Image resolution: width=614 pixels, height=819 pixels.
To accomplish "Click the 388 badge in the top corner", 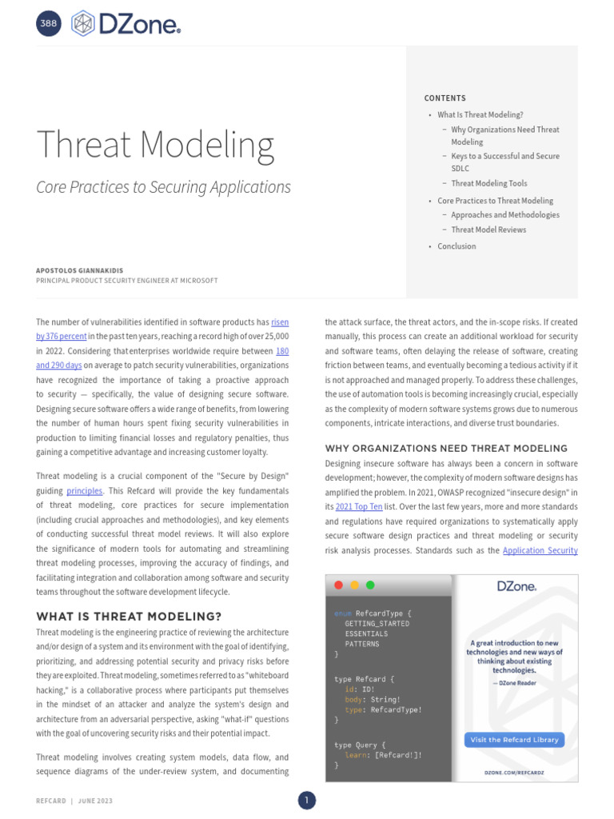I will tap(48, 24).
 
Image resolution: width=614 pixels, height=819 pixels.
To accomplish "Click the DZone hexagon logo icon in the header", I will tap(83, 24).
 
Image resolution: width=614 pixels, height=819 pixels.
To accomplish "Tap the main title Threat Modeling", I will tap(155, 145).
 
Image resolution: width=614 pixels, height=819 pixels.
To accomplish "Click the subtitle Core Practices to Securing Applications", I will tap(163, 187).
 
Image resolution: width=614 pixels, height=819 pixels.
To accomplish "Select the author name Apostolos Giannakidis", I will tap(80, 270).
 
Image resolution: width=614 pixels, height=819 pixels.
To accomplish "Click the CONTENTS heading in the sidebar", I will tap(445, 98).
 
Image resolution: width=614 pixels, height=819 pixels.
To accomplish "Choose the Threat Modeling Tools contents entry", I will tap(488, 183).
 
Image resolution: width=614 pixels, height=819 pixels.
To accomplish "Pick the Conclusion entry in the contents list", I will tap(457, 246).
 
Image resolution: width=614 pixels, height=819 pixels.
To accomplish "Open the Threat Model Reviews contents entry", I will tap(488, 230).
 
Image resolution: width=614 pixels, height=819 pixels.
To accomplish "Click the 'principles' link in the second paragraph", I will tap(84, 490).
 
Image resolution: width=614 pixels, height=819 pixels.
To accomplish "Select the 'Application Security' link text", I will tap(540, 550).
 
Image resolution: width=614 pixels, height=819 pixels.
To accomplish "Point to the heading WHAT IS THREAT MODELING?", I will tap(129, 617).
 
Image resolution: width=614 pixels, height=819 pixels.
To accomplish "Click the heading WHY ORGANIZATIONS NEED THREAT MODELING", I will tap(446, 449).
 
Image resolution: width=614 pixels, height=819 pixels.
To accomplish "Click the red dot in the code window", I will tap(339, 585).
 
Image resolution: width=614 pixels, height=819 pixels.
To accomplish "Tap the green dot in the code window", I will tap(369, 585).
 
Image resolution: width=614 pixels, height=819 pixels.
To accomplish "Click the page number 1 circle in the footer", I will tap(307, 801).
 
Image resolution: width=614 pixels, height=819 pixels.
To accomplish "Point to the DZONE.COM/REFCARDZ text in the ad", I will tap(515, 773).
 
